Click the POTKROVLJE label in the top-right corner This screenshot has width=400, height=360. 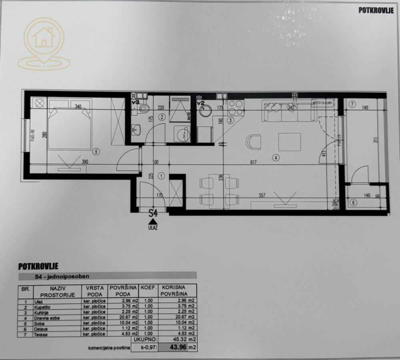pos(376,11)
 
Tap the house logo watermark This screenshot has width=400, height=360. pos(44,44)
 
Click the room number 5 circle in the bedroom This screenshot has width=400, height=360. pos(95,151)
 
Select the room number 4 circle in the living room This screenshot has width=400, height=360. pos(276,157)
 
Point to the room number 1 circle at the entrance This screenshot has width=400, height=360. pos(161,175)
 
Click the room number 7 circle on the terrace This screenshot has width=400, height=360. pos(352,105)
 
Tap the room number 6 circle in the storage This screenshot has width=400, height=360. pos(352,203)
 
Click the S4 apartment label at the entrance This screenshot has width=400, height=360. pos(153,213)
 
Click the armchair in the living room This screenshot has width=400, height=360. pos(253,141)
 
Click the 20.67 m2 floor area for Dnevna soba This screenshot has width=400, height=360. pos(129,318)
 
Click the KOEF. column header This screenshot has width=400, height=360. pos(148,287)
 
